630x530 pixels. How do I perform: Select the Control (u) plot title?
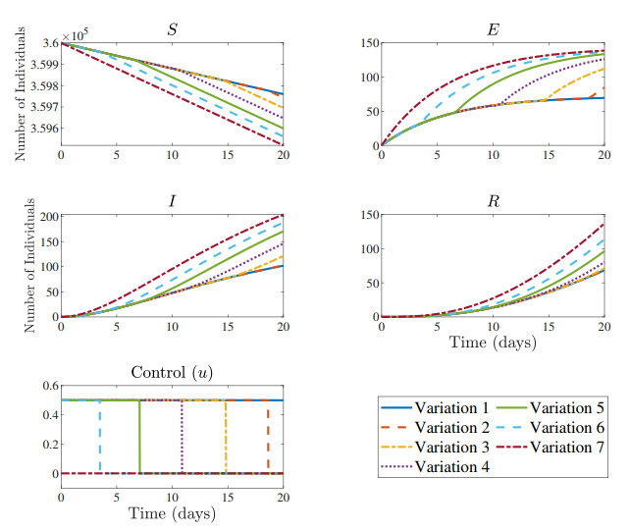point(172,372)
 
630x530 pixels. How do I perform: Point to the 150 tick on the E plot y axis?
point(365,43)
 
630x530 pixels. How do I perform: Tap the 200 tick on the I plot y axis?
point(44,215)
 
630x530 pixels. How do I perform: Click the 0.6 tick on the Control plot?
point(44,387)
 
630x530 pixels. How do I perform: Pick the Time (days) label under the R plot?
point(493,343)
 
